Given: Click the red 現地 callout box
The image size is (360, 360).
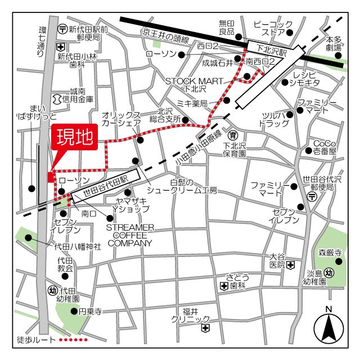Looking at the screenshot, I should tap(74, 138).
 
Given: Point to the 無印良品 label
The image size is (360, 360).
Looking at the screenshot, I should tap(226, 28).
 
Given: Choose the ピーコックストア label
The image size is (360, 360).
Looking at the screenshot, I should tap(273, 28).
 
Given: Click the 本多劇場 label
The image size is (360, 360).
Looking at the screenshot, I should tap(335, 44).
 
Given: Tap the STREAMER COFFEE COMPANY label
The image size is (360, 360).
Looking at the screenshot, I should tap(130, 235).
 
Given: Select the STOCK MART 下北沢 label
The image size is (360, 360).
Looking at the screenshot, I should tap(190, 85).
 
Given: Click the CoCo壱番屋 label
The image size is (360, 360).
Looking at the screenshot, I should tap(325, 147).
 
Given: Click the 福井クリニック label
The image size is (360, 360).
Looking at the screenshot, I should tap(191, 315).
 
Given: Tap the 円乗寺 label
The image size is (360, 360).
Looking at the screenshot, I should tap(89, 310).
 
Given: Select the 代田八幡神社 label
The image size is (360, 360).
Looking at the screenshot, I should tap(78, 246).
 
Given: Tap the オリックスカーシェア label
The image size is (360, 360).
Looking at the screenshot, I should tap(121, 119).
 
